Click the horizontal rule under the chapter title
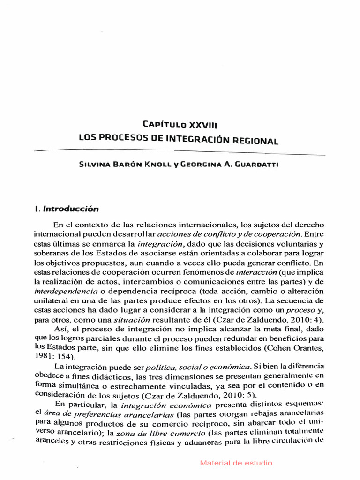point(180,152)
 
